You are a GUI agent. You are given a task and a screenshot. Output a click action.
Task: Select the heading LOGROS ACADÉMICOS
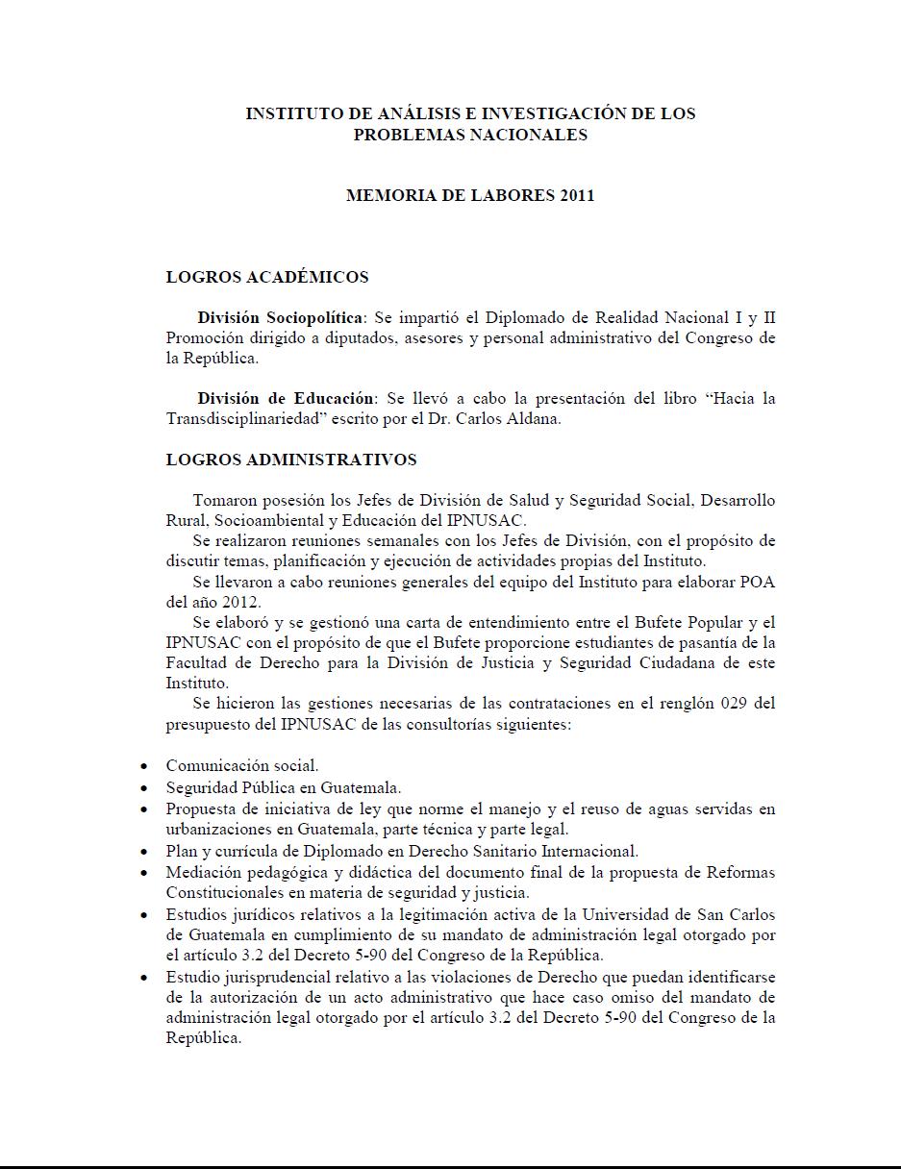(x=267, y=277)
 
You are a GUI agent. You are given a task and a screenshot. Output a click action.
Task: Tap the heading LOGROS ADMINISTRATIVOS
(x=291, y=460)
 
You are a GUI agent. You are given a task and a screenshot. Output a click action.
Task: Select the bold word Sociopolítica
(x=313, y=317)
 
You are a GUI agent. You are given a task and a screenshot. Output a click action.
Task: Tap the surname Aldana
(x=534, y=419)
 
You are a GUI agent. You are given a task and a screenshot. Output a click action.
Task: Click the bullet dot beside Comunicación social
(x=143, y=767)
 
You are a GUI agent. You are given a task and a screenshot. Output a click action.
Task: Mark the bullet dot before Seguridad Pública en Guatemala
(x=143, y=788)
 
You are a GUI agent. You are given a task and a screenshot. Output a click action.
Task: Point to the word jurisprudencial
(x=272, y=977)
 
